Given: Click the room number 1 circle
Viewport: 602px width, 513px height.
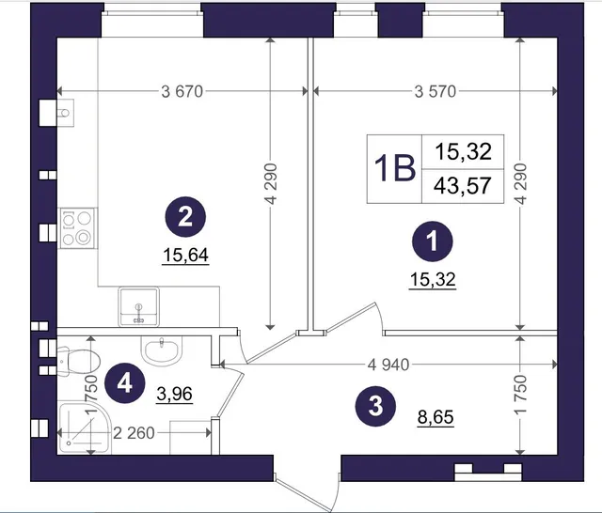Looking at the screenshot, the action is click(x=433, y=241).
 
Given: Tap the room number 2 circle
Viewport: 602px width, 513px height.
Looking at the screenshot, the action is click(x=185, y=217).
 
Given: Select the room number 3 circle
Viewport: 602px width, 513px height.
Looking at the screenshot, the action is click(x=375, y=406).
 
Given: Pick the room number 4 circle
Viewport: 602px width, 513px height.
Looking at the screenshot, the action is click(x=125, y=382).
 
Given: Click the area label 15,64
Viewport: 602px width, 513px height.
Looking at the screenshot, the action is click(x=186, y=256).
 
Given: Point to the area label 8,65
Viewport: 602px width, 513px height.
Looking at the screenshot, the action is click(x=436, y=417).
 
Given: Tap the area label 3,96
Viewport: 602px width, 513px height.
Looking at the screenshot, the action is click(x=174, y=394).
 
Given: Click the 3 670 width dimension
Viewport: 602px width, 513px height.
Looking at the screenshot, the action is click(x=182, y=91).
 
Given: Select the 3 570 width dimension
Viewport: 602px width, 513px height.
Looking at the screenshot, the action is click(x=436, y=91).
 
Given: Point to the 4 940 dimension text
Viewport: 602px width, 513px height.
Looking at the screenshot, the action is click(x=388, y=365).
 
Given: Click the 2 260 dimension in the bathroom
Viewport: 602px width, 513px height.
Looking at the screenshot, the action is click(x=134, y=433).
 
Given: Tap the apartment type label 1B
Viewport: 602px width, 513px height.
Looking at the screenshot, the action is click(x=395, y=169).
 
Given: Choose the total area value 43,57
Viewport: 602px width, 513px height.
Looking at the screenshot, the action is click(x=463, y=186).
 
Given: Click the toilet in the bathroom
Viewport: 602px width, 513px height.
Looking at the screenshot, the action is click(x=79, y=361).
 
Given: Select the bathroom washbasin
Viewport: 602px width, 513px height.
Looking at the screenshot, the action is click(x=161, y=350).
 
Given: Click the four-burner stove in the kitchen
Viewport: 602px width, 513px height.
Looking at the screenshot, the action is click(x=77, y=228).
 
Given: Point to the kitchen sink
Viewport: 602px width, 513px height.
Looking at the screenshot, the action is click(x=138, y=306).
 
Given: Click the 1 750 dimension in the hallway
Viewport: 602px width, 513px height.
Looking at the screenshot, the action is click(x=520, y=394).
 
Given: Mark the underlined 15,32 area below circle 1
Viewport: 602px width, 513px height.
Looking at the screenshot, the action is click(x=433, y=279).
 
